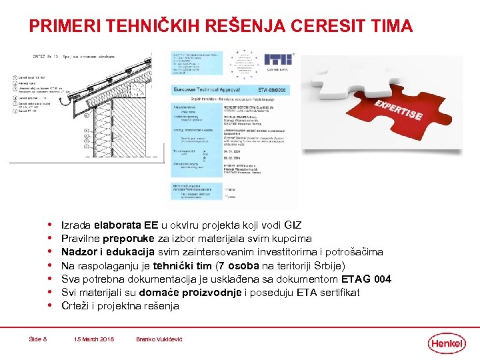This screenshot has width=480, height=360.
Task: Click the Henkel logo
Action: coord(447,343)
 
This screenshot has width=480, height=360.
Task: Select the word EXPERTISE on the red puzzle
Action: coord(397,111)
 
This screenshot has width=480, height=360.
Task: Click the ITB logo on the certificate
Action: coord(277,60)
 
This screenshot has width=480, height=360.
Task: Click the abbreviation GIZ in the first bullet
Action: coord(293,225)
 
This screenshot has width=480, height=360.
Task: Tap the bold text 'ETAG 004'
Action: coord(366,279)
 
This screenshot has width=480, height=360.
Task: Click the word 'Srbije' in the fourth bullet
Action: coord(328,265)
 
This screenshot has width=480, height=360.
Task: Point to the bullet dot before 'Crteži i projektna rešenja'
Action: coord(51,306)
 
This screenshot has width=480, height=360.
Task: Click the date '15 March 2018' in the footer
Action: coord(93,339)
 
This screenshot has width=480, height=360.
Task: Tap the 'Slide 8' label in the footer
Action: coord(38,339)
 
